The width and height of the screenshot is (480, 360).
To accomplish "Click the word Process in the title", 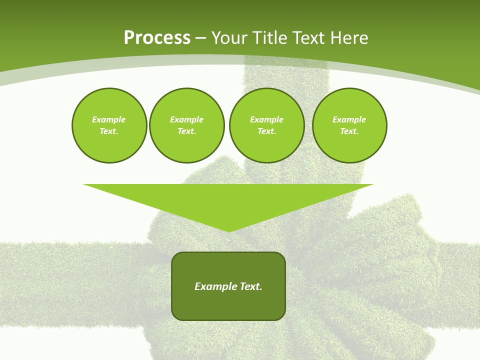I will tap(157, 38).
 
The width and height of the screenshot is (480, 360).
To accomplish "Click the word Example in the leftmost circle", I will tap(109, 119).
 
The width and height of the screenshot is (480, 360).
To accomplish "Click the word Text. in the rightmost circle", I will tap(349, 131).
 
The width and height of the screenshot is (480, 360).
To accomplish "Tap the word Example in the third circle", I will tap(267, 119).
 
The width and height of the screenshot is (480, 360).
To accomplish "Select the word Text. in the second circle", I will tap(187, 131).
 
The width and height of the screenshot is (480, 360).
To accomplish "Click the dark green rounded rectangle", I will tap(228, 305).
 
